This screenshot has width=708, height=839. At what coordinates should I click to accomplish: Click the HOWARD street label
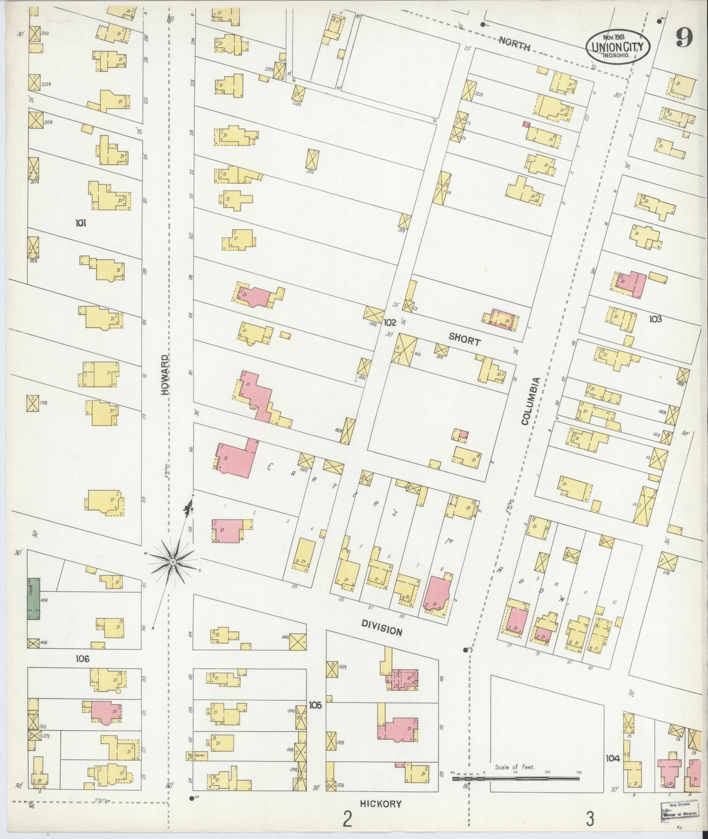pos(165,375)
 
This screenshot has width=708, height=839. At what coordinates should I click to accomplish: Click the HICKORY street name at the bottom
pos(381,804)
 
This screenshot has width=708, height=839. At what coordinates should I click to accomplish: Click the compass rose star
pos(173,562)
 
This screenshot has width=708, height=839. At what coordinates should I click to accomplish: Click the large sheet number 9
pos(684,39)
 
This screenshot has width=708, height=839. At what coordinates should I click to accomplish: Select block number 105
pos(315,705)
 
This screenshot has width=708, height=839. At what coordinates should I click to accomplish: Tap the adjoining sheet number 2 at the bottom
pos(347,818)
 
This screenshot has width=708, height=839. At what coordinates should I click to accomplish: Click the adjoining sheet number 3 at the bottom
pos(590,818)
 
